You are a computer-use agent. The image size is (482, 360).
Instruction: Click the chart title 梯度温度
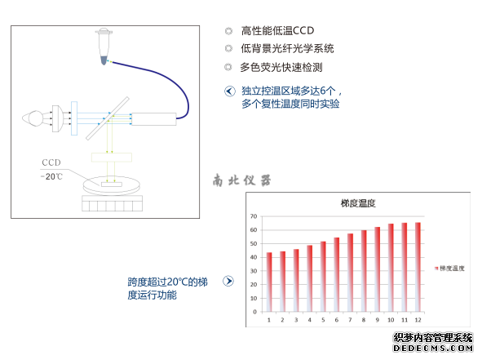(x=358, y=203)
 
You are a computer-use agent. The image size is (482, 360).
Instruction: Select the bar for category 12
(x=418, y=267)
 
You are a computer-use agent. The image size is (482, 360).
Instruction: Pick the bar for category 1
(x=269, y=282)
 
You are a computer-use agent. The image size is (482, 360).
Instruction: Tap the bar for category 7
(x=350, y=273)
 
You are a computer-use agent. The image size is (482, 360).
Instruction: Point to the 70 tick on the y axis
(x=254, y=216)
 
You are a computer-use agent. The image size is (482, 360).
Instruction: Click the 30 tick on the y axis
(x=254, y=271)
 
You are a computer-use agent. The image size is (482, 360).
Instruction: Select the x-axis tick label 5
(x=323, y=320)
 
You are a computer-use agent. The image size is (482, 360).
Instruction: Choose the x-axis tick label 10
(x=391, y=320)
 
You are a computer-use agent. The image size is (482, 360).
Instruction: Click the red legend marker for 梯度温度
(x=436, y=269)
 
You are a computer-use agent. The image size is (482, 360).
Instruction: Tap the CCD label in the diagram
(x=51, y=162)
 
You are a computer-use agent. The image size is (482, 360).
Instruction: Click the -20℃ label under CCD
(x=51, y=176)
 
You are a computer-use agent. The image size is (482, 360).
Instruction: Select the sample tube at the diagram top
(x=104, y=47)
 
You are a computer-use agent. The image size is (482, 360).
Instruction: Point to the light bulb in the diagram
(x=33, y=118)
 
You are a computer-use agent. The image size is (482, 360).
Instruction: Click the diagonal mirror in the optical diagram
(x=108, y=118)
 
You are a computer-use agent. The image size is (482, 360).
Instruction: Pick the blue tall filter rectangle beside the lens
(x=74, y=118)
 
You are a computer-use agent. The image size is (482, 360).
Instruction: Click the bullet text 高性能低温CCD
(x=277, y=31)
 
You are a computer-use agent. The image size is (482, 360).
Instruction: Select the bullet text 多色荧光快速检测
(x=281, y=67)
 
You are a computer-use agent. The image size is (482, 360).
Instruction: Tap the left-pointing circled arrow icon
(x=230, y=91)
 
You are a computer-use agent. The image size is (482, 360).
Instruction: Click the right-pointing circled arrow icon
(x=228, y=281)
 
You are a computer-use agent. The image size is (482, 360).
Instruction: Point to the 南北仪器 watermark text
(x=241, y=180)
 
